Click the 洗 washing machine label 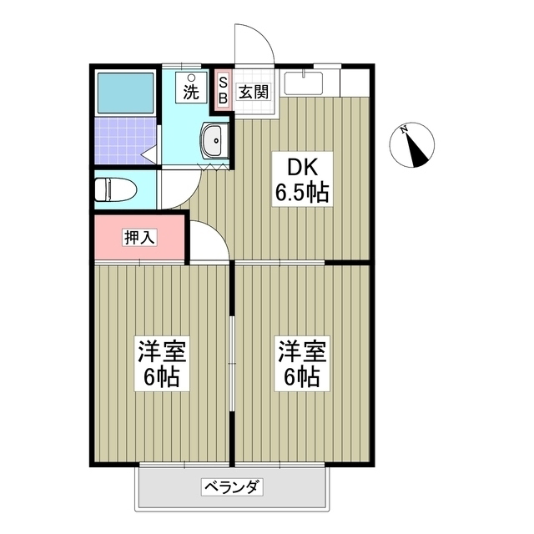pos(191,91)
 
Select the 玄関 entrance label pos(254,92)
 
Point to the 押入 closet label pos(139,237)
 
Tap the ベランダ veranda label pos(232,486)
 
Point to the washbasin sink pos(215,141)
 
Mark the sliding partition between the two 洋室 pos(233,362)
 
